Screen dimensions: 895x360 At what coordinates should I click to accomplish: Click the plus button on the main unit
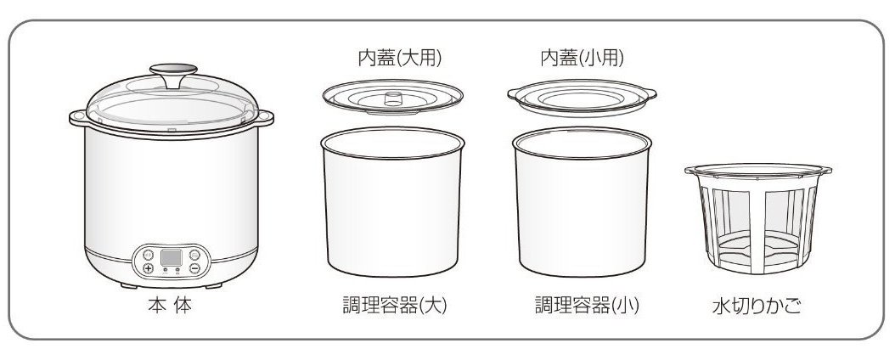tap(149, 268)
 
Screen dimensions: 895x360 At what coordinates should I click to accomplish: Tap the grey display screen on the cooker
tap(172, 257)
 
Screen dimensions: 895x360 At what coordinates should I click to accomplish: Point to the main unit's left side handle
tap(78, 118)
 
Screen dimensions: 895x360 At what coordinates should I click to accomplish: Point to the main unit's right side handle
tap(264, 118)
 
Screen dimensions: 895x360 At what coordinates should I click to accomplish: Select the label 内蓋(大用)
tap(400, 58)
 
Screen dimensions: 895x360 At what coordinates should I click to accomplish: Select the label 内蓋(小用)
tap(583, 58)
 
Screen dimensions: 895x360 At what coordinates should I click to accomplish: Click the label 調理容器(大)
tap(394, 306)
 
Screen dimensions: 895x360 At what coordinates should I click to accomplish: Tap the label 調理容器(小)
tap(587, 306)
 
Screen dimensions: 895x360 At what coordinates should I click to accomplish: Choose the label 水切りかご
tap(757, 307)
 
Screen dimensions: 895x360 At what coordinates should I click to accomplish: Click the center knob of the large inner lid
tap(393, 98)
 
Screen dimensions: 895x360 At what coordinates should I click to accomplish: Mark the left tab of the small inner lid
tap(513, 93)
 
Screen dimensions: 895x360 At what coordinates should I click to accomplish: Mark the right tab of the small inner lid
tap(650, 93)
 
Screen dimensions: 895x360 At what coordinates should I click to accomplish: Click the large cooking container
tap(392, 202)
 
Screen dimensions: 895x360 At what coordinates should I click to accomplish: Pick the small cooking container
tap(583, 202)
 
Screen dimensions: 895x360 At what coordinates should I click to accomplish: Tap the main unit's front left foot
tap(129, 285)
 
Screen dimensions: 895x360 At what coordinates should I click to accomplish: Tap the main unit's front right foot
tap(213, 285)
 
